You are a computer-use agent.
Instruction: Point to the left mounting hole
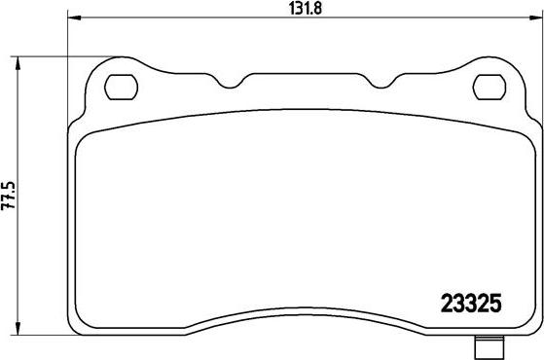click(x=120, y=87)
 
